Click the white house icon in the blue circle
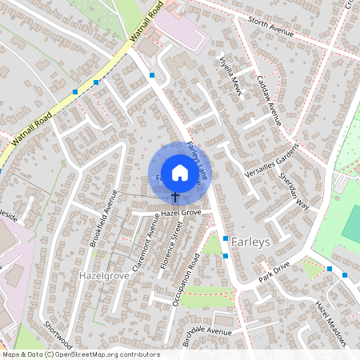click(x=179, y=171)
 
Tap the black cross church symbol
click(x=175, y=196)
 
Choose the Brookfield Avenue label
click(x=105, y=217)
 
